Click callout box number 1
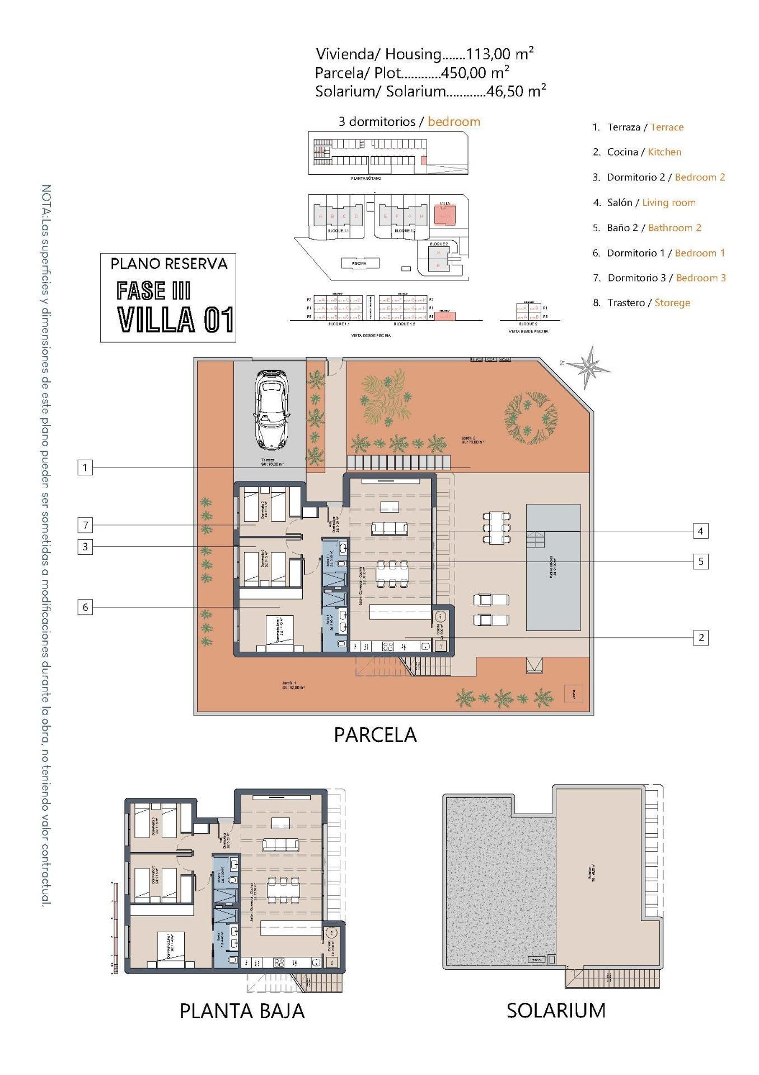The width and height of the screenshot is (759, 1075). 85,468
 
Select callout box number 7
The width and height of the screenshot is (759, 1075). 85,525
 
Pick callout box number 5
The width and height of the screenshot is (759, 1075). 700,562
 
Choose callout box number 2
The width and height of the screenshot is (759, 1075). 700,637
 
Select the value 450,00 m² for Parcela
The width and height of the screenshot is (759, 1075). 475,73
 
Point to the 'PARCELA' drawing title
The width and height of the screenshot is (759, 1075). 375,735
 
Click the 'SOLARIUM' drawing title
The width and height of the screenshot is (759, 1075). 556,1010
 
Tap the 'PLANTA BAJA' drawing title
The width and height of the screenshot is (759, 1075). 242,1011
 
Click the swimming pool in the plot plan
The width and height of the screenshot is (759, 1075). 553,567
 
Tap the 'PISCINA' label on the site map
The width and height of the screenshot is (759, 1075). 359,263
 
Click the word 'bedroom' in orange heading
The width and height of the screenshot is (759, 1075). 454,121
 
